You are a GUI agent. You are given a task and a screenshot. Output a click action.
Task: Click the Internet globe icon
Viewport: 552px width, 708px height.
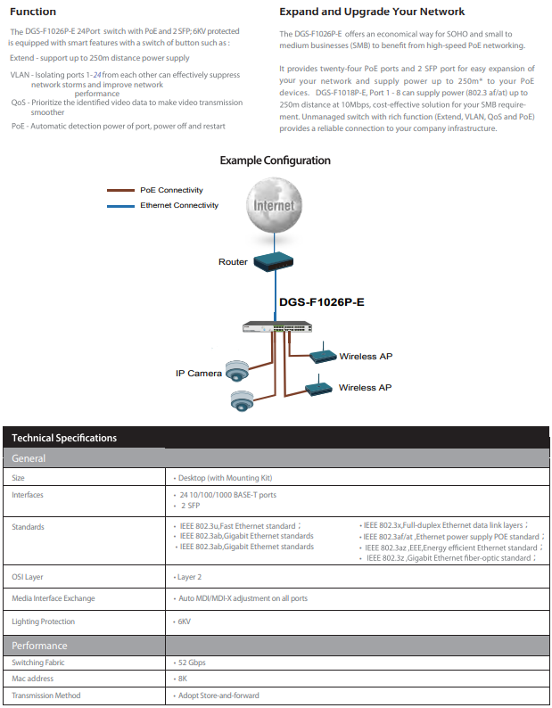[x=274, y=205]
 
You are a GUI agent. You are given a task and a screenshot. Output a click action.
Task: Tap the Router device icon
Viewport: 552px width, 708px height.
[x=273, y=261]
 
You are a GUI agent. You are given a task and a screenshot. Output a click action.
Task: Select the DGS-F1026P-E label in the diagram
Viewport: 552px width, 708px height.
[x=322, y=302]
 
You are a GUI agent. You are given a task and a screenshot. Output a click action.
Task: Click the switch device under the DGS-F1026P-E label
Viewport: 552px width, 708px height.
[x=277, y=327]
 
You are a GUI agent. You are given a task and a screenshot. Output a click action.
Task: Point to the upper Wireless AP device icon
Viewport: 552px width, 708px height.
[x=323, y=355]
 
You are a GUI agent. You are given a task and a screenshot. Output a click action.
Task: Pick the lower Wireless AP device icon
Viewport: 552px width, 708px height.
[x=319, y=387]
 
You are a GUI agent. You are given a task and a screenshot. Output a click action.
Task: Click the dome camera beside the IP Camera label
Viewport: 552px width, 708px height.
[x=237, y=371]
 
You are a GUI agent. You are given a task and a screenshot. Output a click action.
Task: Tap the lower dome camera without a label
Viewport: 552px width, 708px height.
[x=243, y=401]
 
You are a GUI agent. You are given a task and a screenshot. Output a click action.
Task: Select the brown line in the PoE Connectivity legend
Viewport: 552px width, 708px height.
[x=120, y=191]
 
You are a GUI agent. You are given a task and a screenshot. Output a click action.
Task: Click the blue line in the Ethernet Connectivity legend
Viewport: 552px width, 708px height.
[x=120, y=206]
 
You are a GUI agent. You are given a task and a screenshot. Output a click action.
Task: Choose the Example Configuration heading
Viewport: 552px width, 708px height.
[x=275, y=161]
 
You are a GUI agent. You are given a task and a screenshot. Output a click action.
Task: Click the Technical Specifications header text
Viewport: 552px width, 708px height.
[x=64, y=438]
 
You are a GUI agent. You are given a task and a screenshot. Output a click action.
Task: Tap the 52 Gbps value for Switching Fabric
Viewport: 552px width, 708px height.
[x=192, y=663]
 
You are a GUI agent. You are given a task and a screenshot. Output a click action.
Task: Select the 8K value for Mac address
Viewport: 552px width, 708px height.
[x=183, y=679]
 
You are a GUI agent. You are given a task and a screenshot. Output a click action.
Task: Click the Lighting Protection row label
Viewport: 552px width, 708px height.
[x=44, y=622]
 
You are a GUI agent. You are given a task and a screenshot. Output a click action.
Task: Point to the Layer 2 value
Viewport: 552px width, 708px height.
[x=189, y=577]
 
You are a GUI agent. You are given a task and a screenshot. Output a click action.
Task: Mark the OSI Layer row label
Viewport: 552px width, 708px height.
[x=28, y=577]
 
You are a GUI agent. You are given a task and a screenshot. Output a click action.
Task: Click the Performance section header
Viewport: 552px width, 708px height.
[x=39, y=646]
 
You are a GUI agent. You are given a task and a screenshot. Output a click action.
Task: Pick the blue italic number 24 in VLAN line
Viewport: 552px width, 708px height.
[x=97, y=75]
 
